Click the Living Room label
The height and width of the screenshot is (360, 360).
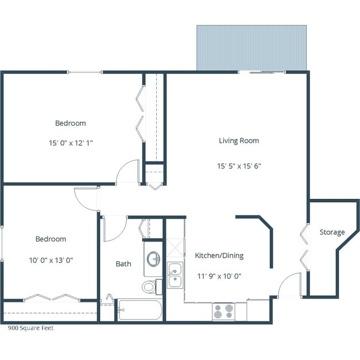pos(239,141)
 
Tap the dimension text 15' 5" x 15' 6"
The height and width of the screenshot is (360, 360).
pos(239,165)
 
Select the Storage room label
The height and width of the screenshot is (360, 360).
pos(332,232)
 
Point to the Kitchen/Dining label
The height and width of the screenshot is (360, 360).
pos(219,256)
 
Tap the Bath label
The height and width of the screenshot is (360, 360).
pos(124,264)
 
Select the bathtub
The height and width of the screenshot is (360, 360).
pos(140,310)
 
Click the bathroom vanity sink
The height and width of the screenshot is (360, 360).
pos(153,259)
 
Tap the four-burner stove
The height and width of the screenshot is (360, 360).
pos(224,311)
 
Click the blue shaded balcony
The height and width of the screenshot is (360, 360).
pos(251,48)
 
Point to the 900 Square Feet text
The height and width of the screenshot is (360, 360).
pos(30,328)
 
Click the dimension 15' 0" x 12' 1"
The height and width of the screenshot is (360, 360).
pos(70,142)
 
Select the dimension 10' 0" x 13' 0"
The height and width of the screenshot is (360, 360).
pos(50,259)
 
